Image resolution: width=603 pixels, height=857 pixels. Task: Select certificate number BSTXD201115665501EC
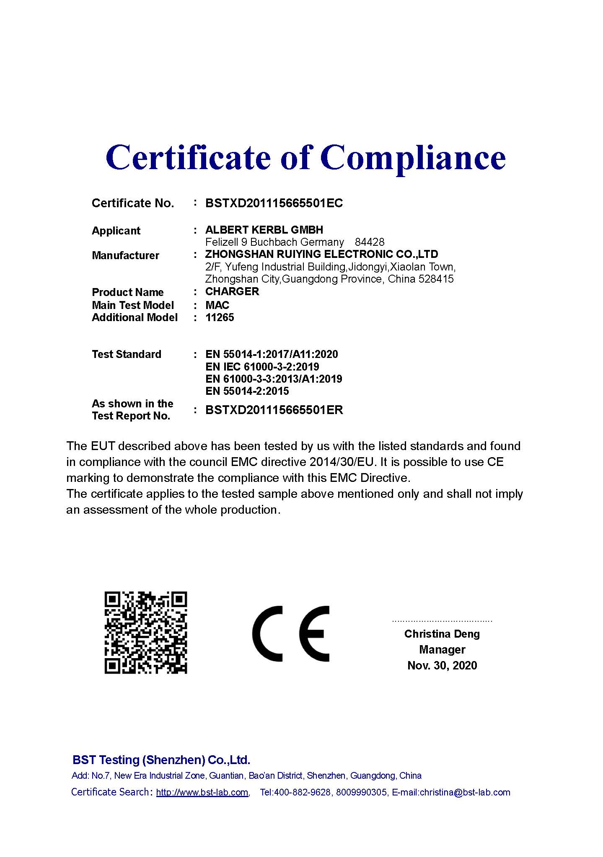tap(274, 203)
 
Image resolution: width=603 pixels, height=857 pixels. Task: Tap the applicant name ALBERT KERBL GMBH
tap(264, 230)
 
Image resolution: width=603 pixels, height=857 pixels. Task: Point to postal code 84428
tap(369, 242)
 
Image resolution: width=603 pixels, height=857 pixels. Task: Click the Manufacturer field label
tap(125, 255)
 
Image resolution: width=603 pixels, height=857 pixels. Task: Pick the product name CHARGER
tap(232, 291)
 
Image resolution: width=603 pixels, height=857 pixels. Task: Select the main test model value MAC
tap(217, 305)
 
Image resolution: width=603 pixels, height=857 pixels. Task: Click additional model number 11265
tap(220, 317)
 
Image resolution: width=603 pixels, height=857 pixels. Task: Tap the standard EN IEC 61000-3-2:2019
tap(262, 367)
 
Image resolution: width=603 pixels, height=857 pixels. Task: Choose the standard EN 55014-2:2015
tap(247, 391)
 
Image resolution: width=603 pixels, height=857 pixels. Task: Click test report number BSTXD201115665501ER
tap(274, 410)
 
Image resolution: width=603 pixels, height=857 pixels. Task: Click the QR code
tap(145, 633)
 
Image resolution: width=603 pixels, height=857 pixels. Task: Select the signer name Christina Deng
tap(442, 634)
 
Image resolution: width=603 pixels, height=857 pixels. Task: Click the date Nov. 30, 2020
tap(442, 666)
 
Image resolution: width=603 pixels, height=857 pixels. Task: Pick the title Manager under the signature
tap(442, 650)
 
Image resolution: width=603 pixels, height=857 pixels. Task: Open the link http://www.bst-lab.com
tap(202, 792)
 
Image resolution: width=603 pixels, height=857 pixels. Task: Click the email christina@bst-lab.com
tap(465, 792)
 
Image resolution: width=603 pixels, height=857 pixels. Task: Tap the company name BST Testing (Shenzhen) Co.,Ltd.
tap(161, 760)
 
